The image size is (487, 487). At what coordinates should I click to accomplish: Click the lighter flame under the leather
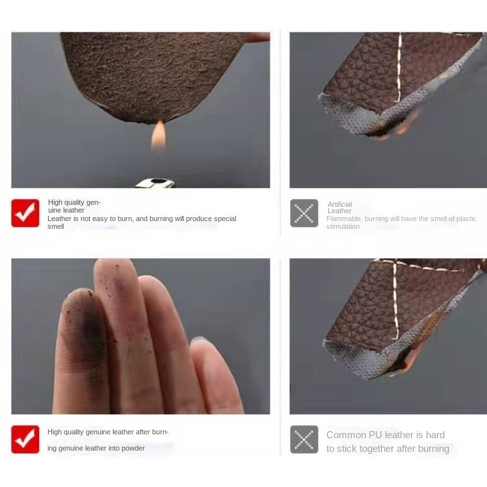coord(158,136)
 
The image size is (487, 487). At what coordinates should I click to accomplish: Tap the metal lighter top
coord(155,183)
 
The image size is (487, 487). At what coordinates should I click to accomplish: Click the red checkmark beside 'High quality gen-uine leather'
coord(25,213)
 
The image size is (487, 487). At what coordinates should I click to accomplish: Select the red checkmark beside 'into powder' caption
coord(25,439)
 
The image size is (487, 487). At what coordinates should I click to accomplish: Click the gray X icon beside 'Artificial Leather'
coord(304,213)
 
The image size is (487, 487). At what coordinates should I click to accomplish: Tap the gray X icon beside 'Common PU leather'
coord(304,439)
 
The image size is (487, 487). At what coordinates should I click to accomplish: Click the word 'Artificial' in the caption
coord(339,204)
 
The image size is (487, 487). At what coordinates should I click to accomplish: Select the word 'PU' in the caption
coord(375,435)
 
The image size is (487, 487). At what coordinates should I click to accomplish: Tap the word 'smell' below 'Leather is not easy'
coord(56,226)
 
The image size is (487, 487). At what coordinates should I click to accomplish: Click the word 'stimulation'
coord(343,226)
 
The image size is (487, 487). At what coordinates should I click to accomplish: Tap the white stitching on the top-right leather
coord(399,67)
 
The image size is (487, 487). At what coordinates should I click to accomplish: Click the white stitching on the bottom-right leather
coord(395,300)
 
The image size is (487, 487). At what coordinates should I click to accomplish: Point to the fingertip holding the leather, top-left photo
coord(258,37)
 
